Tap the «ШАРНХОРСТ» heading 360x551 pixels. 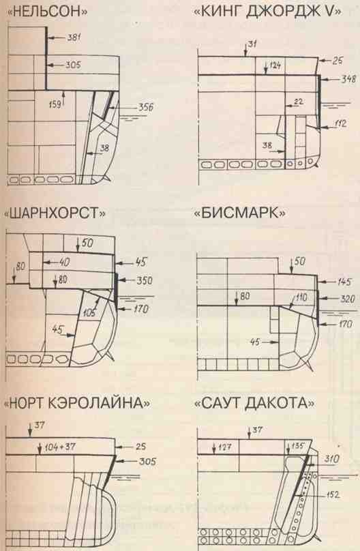tap(55, 213)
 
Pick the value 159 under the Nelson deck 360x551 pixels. tap(55, 103)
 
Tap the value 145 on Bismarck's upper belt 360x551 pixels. tap(344, 281)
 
